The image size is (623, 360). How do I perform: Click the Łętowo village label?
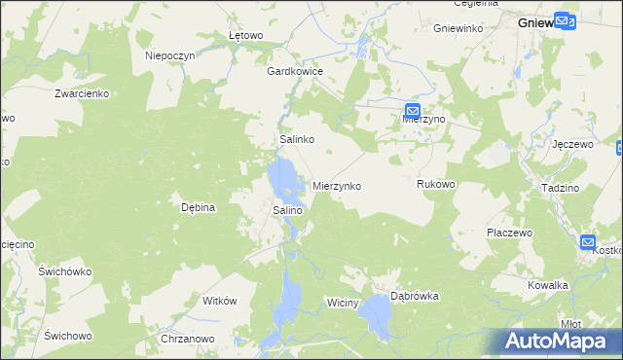tap(245, 35)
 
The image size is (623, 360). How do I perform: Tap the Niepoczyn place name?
tap(170, 55)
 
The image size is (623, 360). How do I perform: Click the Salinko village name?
tap(296, 139)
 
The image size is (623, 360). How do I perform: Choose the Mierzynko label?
tap(337, 185)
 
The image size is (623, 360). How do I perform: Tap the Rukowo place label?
tap(435, 183)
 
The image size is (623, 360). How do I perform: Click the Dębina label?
tap(198, 206)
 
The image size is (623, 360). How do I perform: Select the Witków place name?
tap(219, 301)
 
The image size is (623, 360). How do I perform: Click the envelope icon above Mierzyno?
tap(413, 112)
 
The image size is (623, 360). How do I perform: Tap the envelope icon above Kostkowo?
tap(589, 242)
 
